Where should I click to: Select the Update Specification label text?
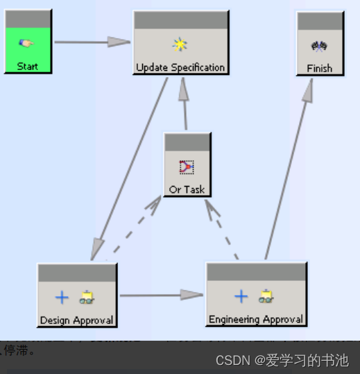tap(180, 67)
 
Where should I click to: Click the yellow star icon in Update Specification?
tap(180, 45)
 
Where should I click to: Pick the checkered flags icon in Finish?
tap(319, 46)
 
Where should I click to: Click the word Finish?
tap(319, 68)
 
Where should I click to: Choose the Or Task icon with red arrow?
tap(187, 167)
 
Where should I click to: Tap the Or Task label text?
tap(187, 189)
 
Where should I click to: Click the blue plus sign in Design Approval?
tap(62, 298)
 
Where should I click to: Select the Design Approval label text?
tap(76, 320)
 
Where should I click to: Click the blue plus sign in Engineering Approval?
tap(241, 297)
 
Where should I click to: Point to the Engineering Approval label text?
tap(256, 319)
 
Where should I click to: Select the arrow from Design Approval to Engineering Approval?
tap(160, 295)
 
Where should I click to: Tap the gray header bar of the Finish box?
tap(320, 21)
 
